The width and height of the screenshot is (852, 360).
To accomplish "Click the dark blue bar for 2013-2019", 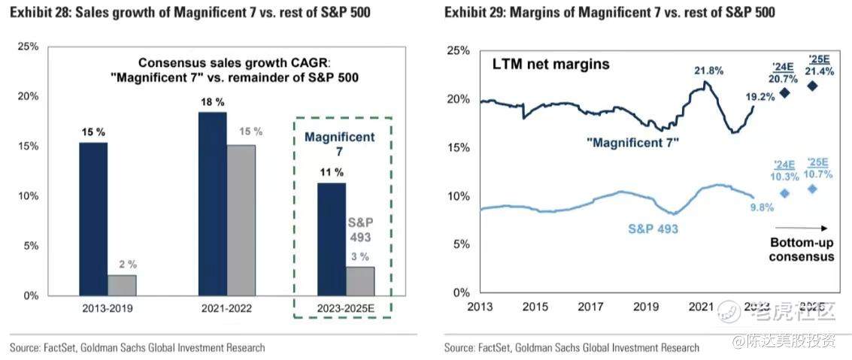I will point(93,219).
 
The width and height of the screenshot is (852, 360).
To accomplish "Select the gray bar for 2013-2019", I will point(122,285).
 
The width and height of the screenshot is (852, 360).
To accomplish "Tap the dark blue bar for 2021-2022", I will point(212,204).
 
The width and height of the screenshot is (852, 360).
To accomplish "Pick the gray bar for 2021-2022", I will point(241,219).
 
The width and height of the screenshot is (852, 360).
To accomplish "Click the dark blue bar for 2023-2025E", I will point(331,239).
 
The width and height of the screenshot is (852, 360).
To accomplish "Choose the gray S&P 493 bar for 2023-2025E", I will point(360,280).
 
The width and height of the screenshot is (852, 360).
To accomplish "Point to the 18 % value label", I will point(213,101).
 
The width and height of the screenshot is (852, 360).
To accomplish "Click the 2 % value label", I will point(123,264).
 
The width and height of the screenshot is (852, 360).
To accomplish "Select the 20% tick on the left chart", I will point(29,96).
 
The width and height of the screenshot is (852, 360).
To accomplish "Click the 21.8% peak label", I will point(708,71).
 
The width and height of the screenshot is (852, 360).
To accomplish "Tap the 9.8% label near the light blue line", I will point(761,208).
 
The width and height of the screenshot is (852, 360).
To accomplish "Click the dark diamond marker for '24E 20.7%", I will point(785,92).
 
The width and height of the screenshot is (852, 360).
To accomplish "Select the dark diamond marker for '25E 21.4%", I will point(812,86).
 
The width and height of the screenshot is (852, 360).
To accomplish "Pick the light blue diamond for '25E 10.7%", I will point(812,189).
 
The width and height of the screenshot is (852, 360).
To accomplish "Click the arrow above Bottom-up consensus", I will point(801,228).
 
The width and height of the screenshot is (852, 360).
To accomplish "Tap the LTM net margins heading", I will point(551,65).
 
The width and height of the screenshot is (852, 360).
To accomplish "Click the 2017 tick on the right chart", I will point(591,307).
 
